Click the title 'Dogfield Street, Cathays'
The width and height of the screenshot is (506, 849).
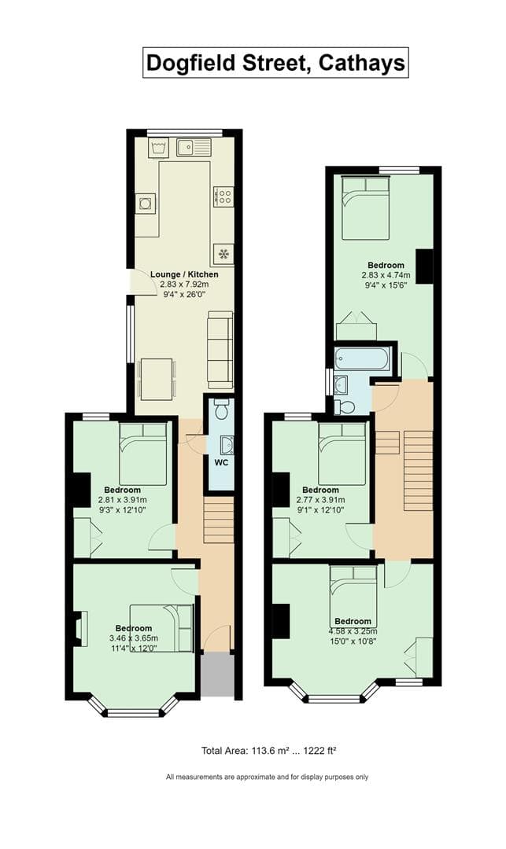pyautogui.click(x=275, y=62)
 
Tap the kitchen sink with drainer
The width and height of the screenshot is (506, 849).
pyautogui.click(x=194, y=147)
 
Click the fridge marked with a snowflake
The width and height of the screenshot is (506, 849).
pyautogui.click(x=223, y=253)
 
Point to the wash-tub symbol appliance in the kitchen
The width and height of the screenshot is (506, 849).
pyautogui.click(x=158, y=147)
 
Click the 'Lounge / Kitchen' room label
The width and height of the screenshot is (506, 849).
pyautogui.click(x=185, y=274)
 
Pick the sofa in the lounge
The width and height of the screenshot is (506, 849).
pyautogui.click(x=220, y=348)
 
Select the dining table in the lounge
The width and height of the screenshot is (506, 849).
pyautogui.click(x=157, y=379)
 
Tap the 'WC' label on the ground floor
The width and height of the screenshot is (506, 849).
pyautogui.click(x=222, y=462)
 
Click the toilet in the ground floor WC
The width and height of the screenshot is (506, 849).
pyautogui.click(x=222, y=410)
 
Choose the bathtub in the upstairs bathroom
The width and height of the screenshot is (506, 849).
pyautogui.click(x=361, y=360)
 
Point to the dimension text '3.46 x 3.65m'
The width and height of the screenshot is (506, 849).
pyautogui.click(x=133, y=638)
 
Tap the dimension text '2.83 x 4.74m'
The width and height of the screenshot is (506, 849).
pyautogui.click(x=386, y=275)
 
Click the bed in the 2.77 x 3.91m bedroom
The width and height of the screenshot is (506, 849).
pyautogui.click(x=342, y=454)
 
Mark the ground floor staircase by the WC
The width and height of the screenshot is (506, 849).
pyautogui.click(x=218, y=520)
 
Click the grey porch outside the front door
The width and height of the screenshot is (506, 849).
pyautogui.click(x=217, y=675)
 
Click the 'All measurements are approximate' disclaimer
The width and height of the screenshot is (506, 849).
pyautogui.click(x=267, y=777)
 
